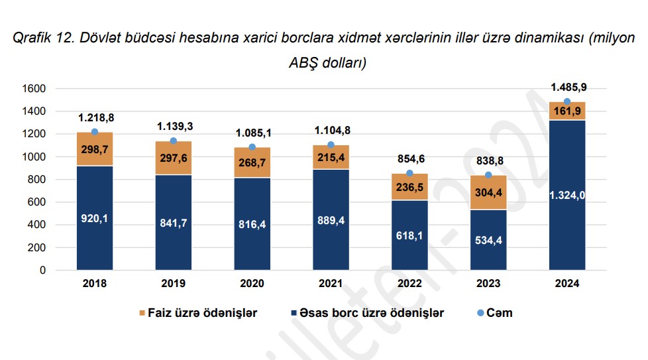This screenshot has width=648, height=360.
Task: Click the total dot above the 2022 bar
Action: pos(409,173)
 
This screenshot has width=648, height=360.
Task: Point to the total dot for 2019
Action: pos(173,141)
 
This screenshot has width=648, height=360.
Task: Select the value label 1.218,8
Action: pos(95,117)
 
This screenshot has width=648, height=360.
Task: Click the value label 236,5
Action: pos(409,188)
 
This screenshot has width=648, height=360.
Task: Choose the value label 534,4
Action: pos(488,240)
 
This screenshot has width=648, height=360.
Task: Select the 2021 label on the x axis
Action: pos(331,284)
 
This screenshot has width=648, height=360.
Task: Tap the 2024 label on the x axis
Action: pos(567,284)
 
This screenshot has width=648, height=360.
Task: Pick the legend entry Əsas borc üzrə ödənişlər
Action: pos(367,313)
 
